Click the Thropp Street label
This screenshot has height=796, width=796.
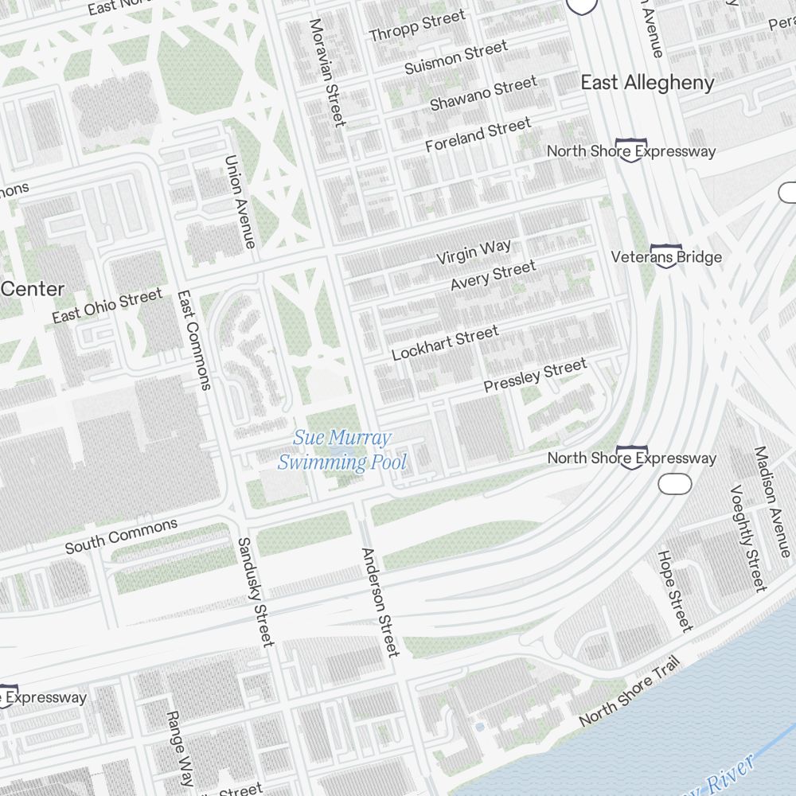[417, 26]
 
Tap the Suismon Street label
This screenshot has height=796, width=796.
[455, 59]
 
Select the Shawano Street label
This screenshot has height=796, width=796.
[483, 93]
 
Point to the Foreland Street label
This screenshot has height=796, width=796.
[478, 135]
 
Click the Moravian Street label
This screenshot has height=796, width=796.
[328, 72]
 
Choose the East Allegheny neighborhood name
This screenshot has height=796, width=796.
[647, 83]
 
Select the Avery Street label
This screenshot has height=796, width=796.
[493, 275]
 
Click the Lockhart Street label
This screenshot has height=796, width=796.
[445, 343]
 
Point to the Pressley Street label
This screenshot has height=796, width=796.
[535, 375]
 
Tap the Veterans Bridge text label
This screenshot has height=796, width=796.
[666, 257]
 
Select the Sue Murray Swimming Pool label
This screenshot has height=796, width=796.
[342, 450]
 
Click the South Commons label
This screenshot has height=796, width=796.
[121, 536]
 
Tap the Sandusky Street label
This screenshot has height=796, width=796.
[256, 591]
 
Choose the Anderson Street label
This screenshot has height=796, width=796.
[379, 602]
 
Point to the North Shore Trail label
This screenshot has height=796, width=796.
[629, 690]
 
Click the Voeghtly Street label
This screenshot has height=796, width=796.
[747, 538]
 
